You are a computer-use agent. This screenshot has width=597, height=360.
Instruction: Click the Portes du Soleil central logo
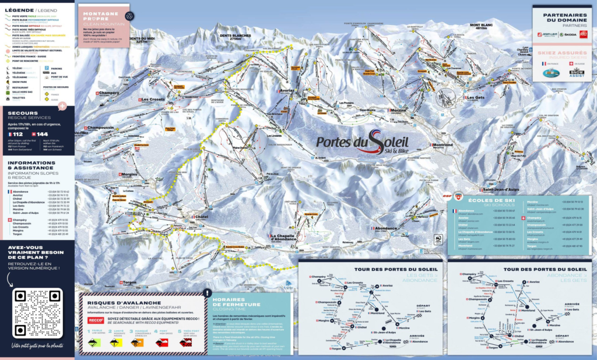coord(362,143)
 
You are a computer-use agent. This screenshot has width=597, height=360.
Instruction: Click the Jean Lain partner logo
coord(547,34)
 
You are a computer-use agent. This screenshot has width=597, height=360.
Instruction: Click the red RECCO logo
coord(95,320)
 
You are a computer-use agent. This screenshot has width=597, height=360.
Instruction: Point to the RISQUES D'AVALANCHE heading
coord(113,302)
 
